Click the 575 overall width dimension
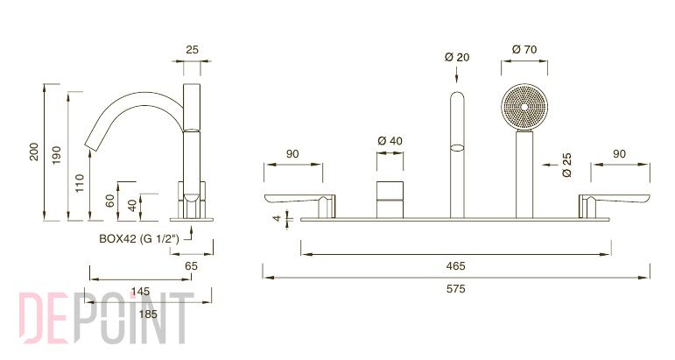point(455,288)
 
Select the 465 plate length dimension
point(455,265)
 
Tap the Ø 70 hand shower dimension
point(524,50)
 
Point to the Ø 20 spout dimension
point(457,57)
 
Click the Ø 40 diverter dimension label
point(390,141)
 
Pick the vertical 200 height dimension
point(34,152)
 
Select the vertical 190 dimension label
point(57,155)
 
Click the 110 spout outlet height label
point(80,183)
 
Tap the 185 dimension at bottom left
point(148,314)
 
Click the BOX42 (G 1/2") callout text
point(139,238)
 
